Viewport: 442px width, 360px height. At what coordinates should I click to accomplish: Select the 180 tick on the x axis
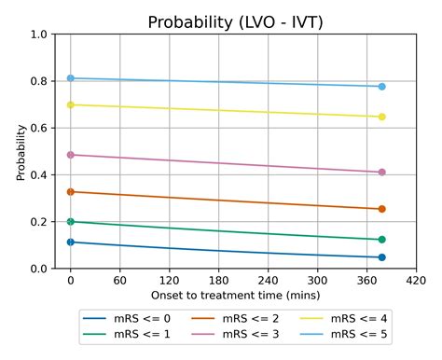[218, 279]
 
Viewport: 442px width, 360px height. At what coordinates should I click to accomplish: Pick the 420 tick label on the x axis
[416, 279]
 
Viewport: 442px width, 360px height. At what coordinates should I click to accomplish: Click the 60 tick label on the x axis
[119, 279]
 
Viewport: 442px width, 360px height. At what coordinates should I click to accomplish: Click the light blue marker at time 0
[70, 78]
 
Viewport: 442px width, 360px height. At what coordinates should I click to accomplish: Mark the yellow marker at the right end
[382, 117]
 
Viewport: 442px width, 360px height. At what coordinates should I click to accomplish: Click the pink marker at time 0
[70, 155]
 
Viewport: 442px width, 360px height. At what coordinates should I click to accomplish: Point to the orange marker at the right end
[382, 209]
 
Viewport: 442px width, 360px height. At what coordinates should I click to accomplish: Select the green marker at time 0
[70, 222]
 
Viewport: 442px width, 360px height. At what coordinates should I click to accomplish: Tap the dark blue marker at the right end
[382, 257]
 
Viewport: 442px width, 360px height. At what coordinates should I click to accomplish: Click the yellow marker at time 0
[70, 104]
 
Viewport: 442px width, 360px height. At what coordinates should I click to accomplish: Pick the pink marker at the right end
[382, 173]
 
